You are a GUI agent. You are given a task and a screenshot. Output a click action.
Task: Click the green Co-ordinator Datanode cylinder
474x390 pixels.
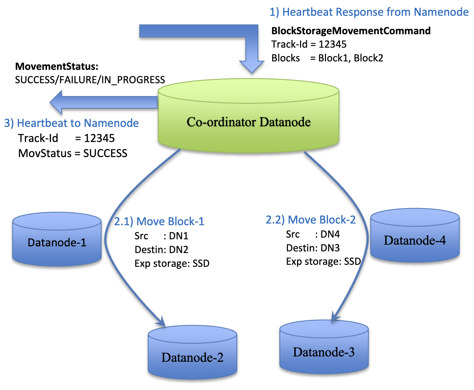tap(248, 121)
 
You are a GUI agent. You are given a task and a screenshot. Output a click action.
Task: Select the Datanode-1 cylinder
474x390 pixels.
tap(57, 242)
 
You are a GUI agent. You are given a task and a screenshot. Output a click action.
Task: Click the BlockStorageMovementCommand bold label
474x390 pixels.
tap(351, 31)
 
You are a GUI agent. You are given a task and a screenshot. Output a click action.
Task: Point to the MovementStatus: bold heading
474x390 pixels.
tap(57, 66)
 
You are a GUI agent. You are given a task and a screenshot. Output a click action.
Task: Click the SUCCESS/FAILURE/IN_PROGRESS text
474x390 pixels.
tap(90, 80)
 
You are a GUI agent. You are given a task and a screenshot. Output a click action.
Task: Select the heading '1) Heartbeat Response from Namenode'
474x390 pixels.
tap(369, 12)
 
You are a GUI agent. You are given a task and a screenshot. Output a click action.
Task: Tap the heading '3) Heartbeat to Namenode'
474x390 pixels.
tap(72, 123)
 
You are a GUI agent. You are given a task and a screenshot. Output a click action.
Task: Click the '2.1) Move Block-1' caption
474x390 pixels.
tap(159, 221)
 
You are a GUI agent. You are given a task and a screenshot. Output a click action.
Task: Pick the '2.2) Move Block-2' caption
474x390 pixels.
tap(311, 220)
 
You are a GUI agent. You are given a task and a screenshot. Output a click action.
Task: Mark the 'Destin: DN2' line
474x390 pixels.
tap(161, 250)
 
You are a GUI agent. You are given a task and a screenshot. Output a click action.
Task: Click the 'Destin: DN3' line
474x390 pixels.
tap(313, 248)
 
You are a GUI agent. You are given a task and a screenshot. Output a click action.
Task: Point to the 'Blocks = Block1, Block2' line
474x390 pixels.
tap(327, 58)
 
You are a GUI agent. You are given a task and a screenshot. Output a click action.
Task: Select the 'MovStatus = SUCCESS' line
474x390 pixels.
tap(73, 153)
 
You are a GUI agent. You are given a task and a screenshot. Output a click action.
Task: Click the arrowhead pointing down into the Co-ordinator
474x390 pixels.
tap(252, 66)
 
